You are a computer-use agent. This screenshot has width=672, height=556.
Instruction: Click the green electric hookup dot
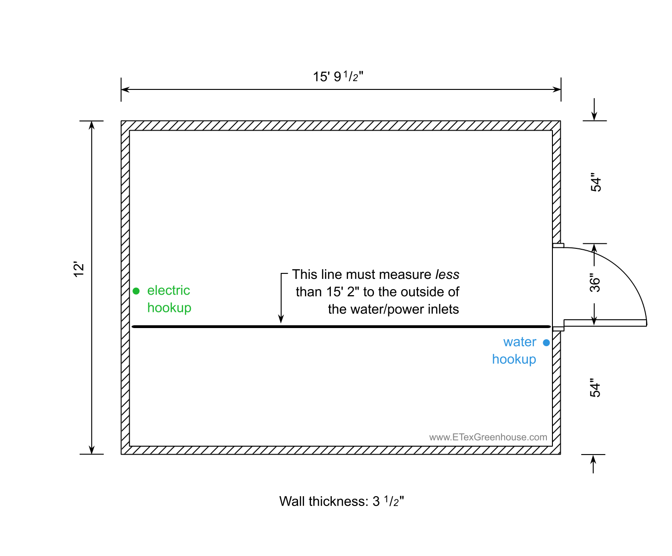(136, 291)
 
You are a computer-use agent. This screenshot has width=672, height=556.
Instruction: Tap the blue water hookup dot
(546, 343)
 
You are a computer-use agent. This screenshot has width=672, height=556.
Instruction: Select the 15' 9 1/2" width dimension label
(338, 76)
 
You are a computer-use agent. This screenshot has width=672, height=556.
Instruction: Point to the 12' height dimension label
(79, 269)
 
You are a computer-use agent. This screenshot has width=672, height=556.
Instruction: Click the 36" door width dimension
(595, 283)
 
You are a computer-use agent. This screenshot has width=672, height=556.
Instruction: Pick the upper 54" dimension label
(596, 182)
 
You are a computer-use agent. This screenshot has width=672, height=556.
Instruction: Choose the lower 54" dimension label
(595, 388)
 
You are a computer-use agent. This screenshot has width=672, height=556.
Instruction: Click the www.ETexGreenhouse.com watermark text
(488, 437)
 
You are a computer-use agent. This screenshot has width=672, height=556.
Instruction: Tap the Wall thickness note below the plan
(342, 501)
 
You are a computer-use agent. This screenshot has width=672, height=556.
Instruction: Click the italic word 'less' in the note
(447, 274)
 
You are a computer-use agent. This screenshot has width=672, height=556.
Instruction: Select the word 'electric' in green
(168, 290)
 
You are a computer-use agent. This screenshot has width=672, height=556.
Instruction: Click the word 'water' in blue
(520, 342)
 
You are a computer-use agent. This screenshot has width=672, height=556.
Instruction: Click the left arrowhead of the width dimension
(125, 89)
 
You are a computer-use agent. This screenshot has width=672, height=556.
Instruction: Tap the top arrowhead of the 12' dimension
(92, 125)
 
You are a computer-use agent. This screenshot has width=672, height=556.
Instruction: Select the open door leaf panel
(605, 323)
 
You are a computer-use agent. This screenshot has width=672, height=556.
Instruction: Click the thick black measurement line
(341, 327)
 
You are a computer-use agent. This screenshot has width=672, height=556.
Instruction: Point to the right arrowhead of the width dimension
(557, 89)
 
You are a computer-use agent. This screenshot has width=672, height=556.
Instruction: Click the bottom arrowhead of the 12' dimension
(92, 450)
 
